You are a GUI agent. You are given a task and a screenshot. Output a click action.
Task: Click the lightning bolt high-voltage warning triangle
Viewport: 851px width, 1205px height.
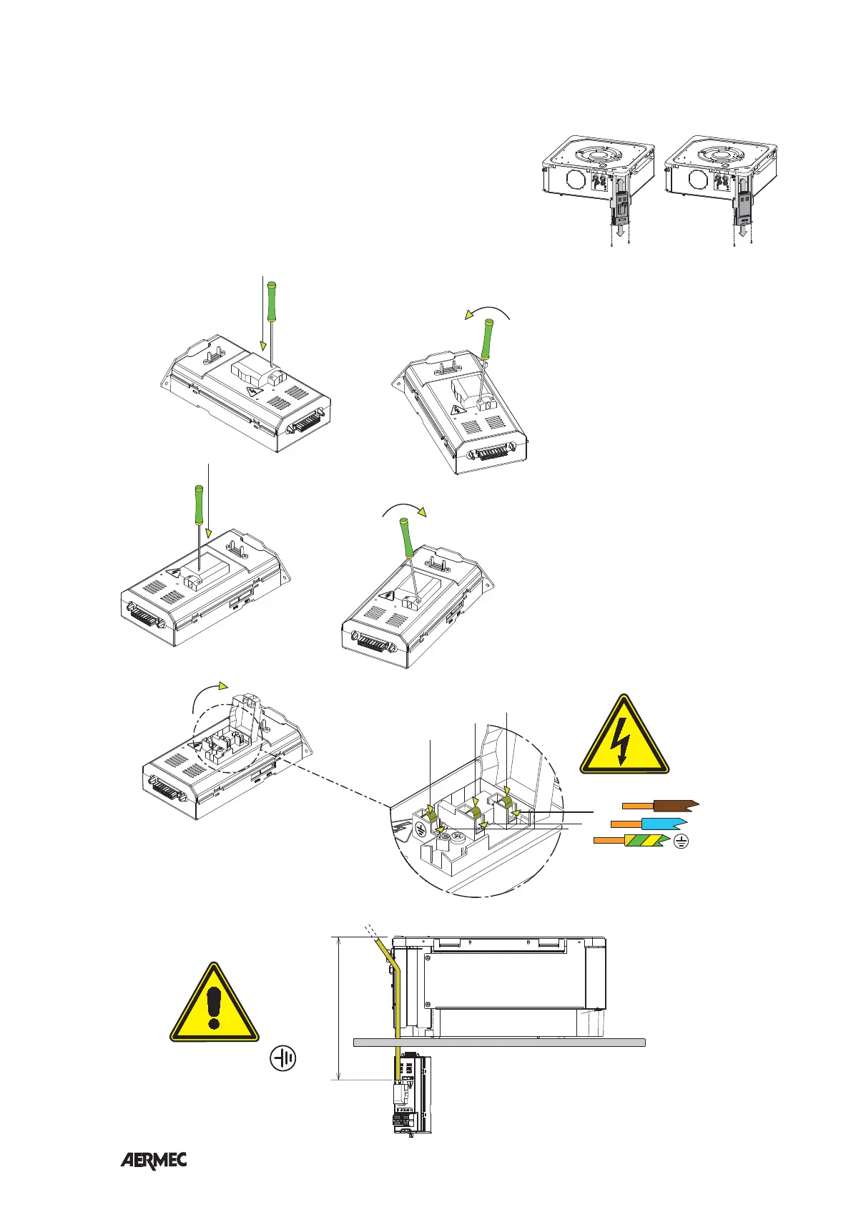[x=624, y=737]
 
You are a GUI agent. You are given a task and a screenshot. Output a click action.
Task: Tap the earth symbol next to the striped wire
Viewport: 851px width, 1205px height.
[x=681, y=843]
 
